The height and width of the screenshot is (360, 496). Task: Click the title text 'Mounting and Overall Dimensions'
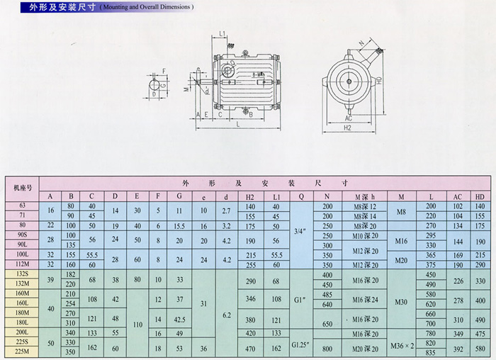[x=146, y=6]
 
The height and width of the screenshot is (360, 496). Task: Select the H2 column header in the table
[x=249, y=196]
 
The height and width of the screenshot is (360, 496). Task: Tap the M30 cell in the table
[x=401, y=303]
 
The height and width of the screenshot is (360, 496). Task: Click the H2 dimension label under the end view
[x=349, y=128]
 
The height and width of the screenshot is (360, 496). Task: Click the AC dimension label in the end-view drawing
[x=349, y=118]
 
